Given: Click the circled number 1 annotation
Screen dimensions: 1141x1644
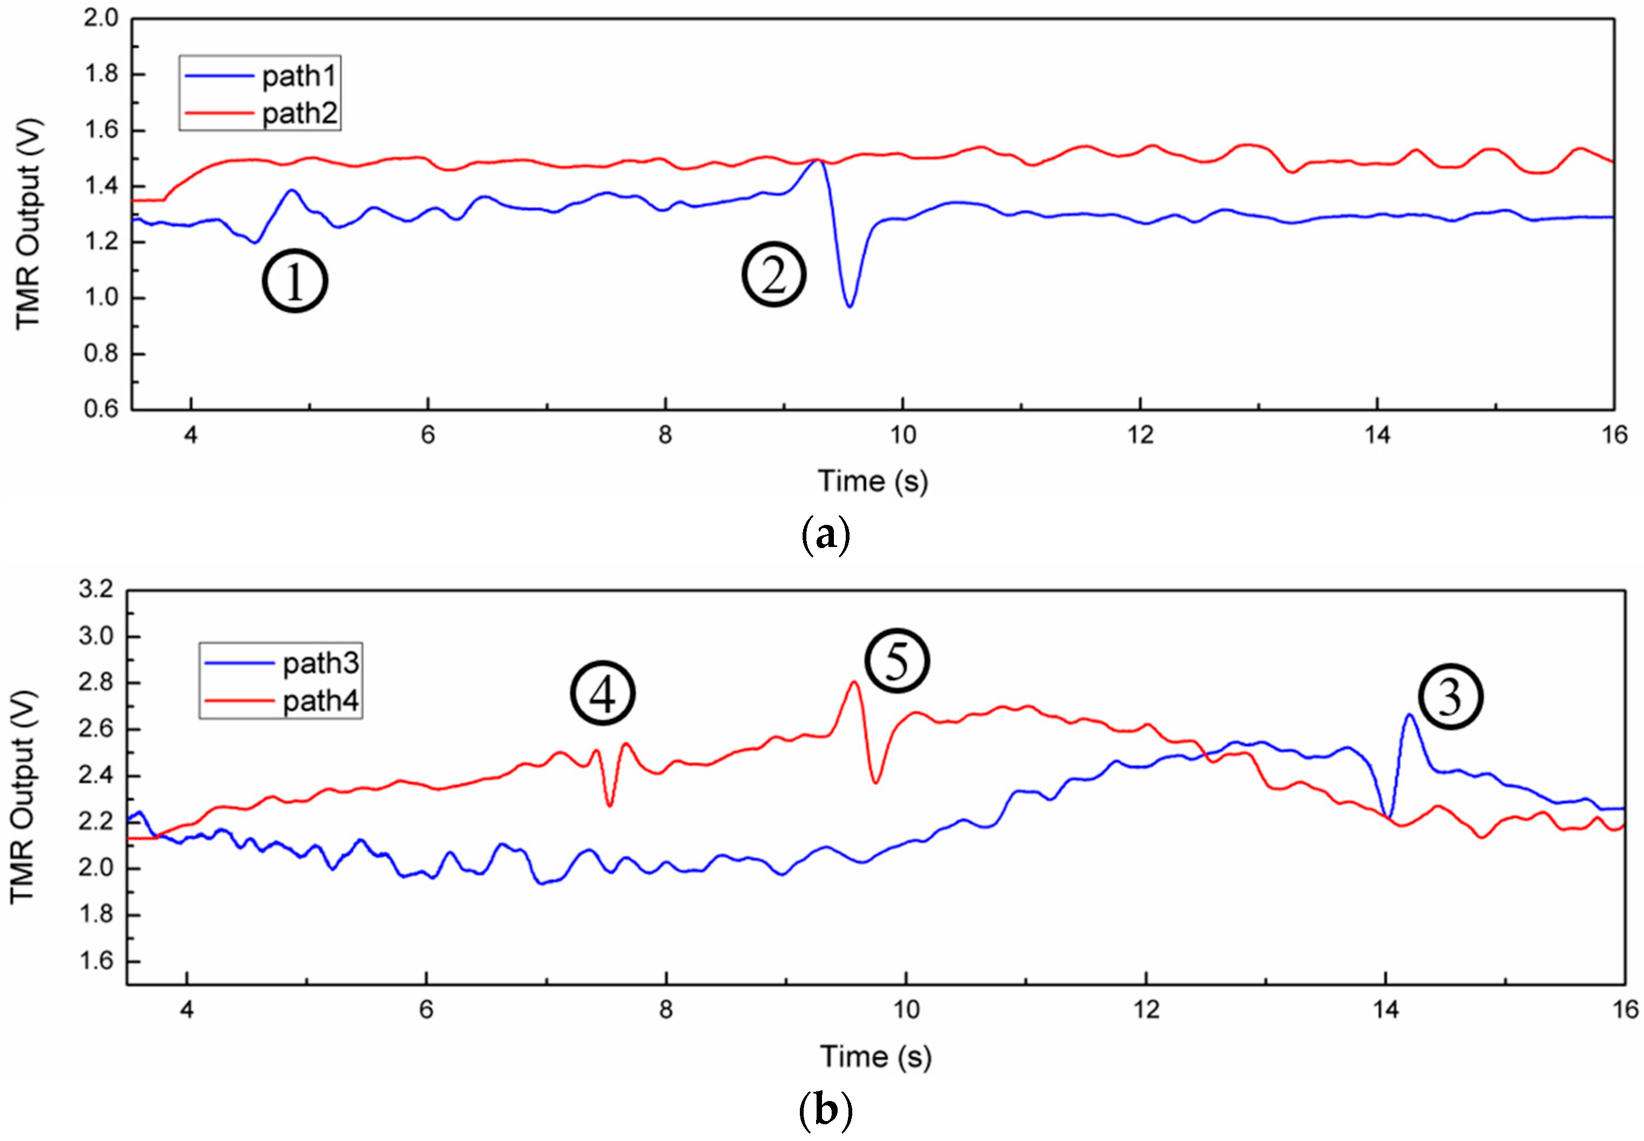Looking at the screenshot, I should tap(295, 280).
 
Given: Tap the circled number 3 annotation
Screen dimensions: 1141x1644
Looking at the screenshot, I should tap(1450, 697).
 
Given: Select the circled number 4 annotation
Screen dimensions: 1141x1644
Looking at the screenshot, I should tap(602, 693).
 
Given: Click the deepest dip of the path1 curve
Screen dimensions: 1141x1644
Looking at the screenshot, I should tap(849, 307).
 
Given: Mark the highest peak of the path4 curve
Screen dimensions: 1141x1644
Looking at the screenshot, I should tap(854, 682).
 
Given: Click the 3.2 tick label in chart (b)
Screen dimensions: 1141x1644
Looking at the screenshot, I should tap(96, 590).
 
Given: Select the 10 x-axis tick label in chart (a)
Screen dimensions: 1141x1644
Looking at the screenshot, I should tap(902, 435).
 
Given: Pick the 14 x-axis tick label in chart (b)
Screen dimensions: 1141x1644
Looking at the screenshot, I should tap(1385, 1009).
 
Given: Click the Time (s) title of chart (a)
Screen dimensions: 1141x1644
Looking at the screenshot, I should tap(872, 481).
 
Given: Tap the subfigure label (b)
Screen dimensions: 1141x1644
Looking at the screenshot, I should tap(825, 1110).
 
